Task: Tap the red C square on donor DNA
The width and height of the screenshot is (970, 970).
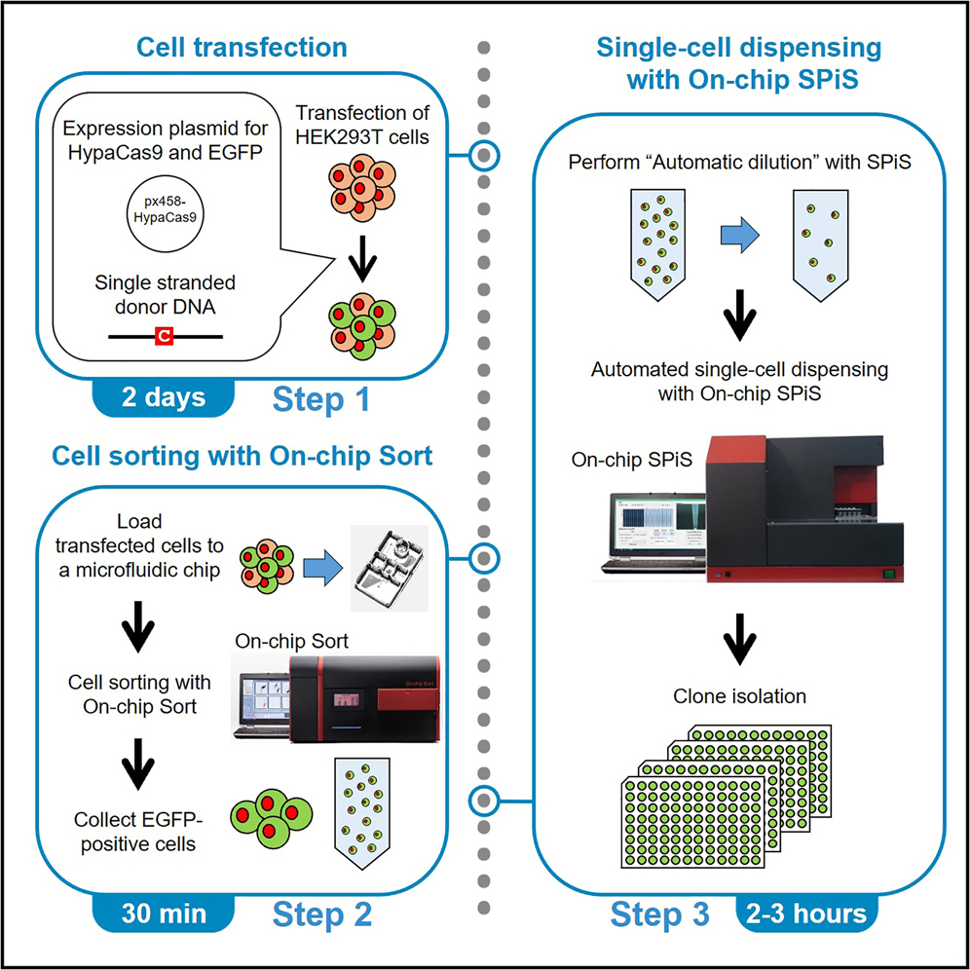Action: pos(165,336)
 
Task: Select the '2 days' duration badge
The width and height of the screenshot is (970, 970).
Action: pos(164,398)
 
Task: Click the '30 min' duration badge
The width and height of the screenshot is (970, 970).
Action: pos(164,914)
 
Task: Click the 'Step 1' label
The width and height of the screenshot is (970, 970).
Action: pos(321,400)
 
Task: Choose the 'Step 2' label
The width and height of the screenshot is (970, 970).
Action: pos(321,915)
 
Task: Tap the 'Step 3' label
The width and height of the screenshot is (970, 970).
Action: pos(656,915)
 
